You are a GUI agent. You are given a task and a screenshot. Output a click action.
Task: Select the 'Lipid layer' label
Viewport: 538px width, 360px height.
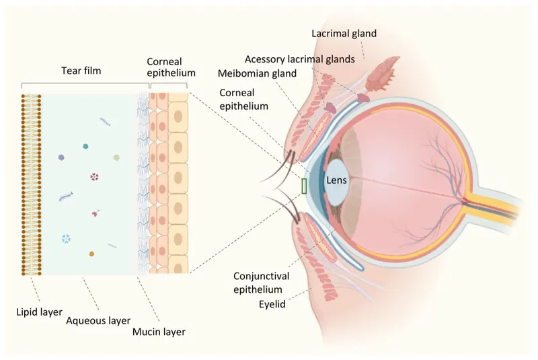coord(38,312)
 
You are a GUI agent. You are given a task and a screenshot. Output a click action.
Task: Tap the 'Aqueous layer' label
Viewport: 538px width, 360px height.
coord(98,320)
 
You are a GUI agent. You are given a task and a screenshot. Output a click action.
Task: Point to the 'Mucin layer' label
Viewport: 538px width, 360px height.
coord(158,331)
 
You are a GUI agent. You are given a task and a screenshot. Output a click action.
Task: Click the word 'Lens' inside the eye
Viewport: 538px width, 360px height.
coord(336,180)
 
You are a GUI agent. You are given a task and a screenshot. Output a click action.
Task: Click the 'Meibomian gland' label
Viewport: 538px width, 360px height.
coord(256,73)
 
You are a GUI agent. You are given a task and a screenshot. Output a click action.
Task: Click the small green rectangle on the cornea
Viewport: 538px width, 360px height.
coord(305,186)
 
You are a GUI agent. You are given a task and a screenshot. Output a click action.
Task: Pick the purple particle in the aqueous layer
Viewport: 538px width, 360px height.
coord(62,157)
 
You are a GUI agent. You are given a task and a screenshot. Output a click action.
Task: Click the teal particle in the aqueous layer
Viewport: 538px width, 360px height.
coord(85,146)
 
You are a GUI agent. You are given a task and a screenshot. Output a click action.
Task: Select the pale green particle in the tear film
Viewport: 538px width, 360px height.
coord(117,157)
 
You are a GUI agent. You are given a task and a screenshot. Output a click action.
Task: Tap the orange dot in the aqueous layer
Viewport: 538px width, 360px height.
coord(91,254)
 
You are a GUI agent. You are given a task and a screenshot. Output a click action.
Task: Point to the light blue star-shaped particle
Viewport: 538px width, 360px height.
coord(65,238)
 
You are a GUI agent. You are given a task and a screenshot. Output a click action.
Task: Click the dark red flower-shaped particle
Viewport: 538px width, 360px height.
coord(94,177)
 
